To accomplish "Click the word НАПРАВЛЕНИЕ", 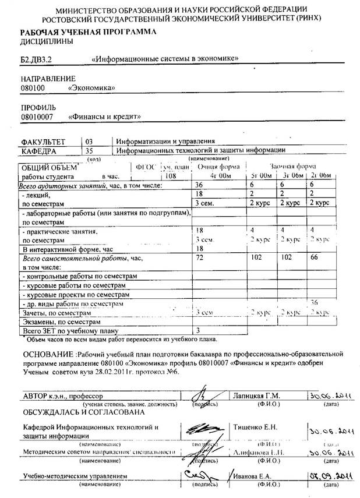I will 48,78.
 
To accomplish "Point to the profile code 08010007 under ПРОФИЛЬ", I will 37,116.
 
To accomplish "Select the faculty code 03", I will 89,141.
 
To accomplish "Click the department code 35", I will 89,150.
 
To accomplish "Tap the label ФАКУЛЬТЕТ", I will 44,142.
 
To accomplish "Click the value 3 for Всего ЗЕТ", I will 199,331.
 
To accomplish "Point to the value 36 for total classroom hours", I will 200,185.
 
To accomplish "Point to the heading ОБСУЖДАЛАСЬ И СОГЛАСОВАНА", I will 83,412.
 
